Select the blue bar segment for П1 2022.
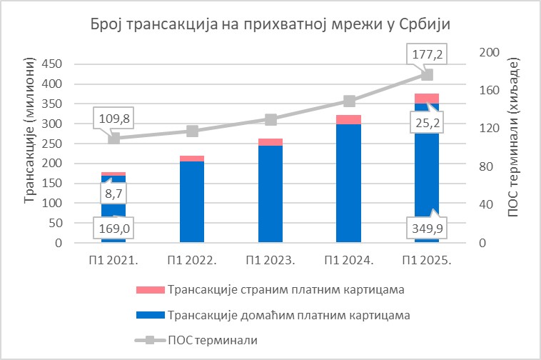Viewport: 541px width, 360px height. click(x=192, y=202)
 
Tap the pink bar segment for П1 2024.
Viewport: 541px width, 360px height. click(x=349, y=119)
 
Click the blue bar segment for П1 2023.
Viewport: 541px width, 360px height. click(x=270, y=194)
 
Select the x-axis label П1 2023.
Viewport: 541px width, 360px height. click(x=270, y=261)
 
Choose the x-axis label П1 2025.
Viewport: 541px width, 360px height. click(x=428, y=261)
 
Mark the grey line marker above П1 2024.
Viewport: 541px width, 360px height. click(x=349, y=101)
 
